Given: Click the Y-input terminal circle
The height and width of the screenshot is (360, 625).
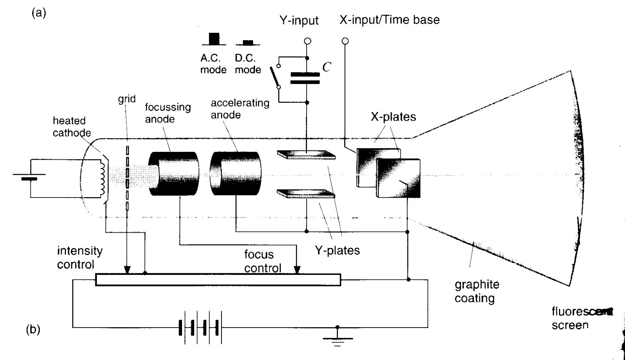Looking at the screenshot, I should click(307, 41).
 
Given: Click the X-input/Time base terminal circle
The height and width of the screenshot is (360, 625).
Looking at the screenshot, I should click(345, 41).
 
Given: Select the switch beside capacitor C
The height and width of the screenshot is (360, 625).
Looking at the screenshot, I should click(276, 77).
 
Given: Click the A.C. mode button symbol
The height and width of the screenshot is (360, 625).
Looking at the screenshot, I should click(214, 39).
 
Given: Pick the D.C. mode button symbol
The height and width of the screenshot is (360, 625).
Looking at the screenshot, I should click(248, 42).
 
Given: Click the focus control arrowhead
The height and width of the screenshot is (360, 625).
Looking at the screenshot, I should click(297, 269).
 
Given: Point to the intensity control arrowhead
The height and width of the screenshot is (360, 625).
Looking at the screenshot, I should click(127, 270).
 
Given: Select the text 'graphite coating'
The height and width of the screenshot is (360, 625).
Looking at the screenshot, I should click(477, 291).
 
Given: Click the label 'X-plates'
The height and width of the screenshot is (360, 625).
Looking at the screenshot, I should click(393, 117).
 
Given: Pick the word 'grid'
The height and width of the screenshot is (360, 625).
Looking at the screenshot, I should click(127, 99).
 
